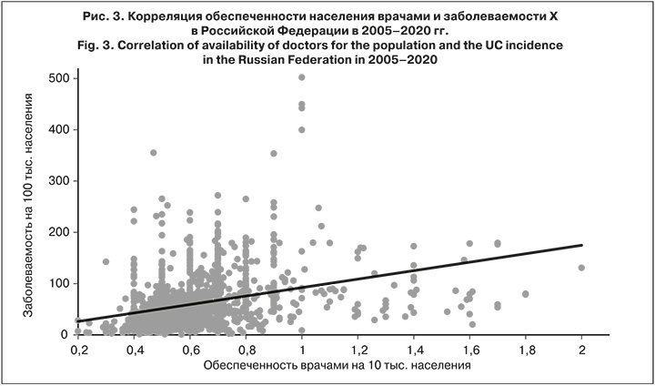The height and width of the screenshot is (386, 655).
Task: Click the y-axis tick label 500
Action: [58, 78]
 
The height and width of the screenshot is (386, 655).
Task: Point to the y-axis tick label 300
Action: [58, 181]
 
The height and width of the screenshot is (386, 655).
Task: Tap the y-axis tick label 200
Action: [58, 232]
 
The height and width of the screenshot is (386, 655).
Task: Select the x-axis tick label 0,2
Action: [78, 349]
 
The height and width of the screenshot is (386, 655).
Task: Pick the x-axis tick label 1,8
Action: [525, 349]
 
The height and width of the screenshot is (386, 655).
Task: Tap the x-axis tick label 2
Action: [581, 349]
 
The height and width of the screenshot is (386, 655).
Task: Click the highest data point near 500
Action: [302, 77]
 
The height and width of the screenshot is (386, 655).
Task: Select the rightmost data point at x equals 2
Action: [581, 268]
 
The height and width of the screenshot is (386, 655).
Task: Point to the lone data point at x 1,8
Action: [525, 294]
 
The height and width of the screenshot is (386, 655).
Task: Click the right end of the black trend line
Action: [581, 245]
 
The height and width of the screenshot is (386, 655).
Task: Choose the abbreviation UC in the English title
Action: [479, 45]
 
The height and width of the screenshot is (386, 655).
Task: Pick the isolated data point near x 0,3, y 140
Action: [106, 262]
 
